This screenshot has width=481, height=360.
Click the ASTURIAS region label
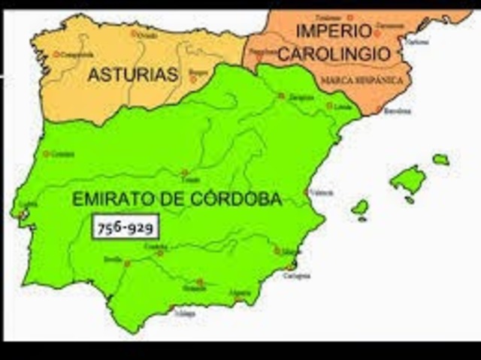(x=132, y=74)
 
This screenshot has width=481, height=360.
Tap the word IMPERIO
(x=334, y=32)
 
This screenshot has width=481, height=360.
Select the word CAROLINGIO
(x=334, y=54)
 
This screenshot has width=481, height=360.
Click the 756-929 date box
(x=126, y=226)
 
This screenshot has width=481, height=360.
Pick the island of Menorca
(x=440, y=159)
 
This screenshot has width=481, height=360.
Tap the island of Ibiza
(x=361, y=206)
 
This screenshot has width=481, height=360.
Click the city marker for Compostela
(x=56, y=54)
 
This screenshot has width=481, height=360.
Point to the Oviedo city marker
(x=135, y=33)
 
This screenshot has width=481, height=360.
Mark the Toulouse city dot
(x=350, y=17)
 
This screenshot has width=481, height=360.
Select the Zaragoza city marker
(x=281, y=95)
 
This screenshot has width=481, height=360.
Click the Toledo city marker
(x=184, y=173)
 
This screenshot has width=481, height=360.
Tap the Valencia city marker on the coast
(x=307, y=192)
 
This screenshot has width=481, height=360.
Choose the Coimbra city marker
(x=47, y=153)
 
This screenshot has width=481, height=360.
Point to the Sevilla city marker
(x=128, y=264)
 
